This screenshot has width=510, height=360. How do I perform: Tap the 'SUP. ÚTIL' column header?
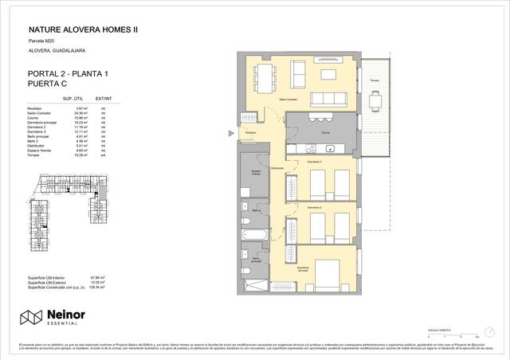pos(74,99)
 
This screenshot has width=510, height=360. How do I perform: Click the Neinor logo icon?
pos(31,318)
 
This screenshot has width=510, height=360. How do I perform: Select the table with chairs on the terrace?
pos(375,99)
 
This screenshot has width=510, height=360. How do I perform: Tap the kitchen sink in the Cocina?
pos(330,148)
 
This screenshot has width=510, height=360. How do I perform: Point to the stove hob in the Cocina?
pos(302,148)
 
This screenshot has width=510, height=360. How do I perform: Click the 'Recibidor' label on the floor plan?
pos(250,132)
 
